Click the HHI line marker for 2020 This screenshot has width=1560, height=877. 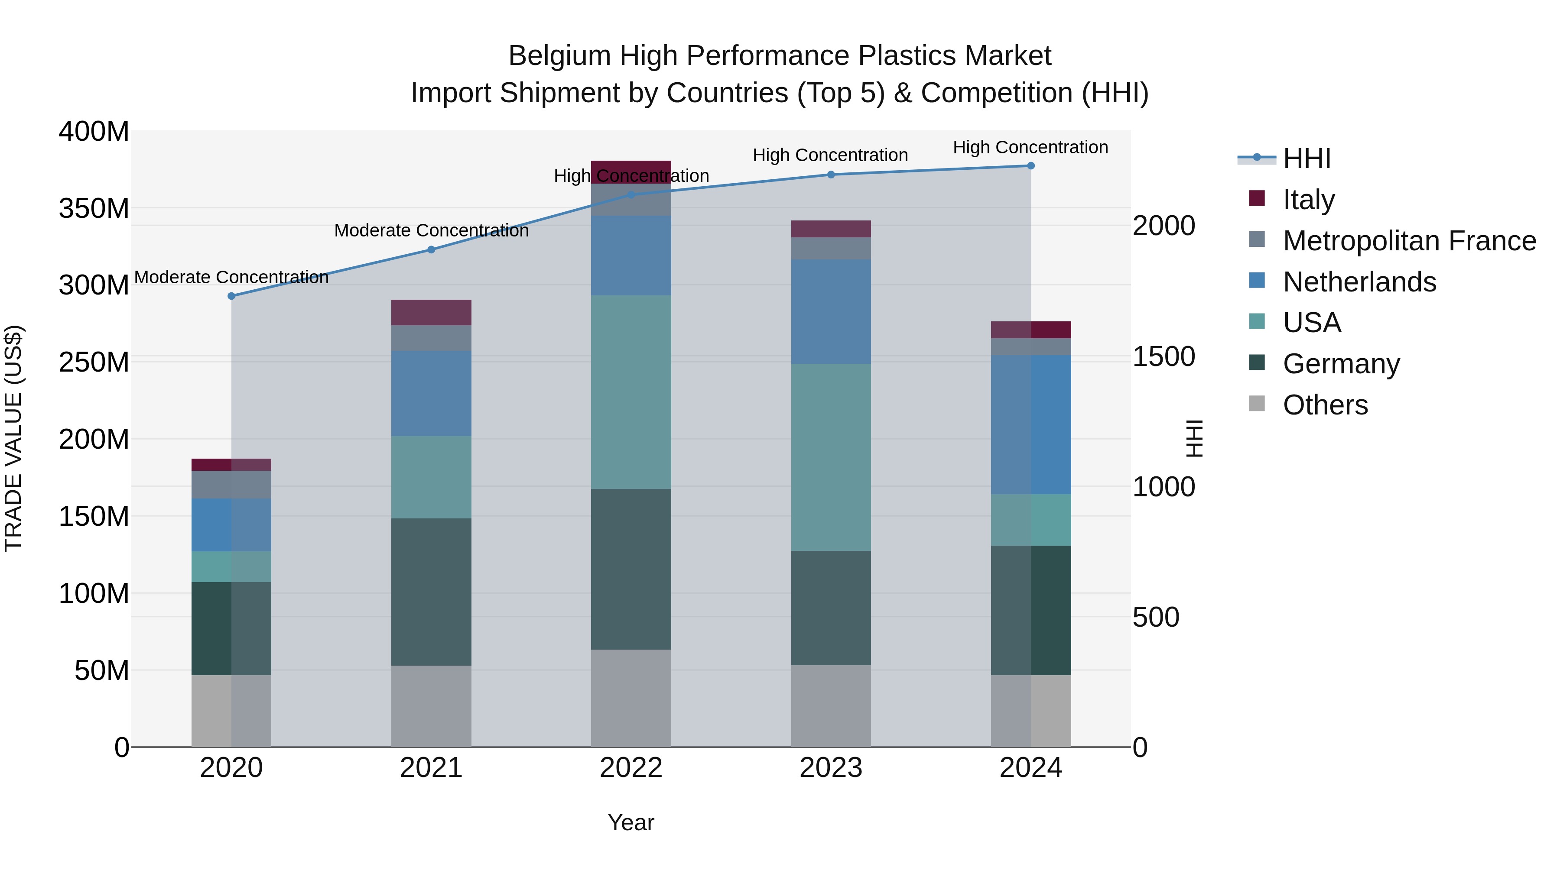231,296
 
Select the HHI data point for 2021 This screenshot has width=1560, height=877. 431,249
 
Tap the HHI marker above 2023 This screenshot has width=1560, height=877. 831,174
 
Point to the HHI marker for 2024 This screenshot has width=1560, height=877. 1031,166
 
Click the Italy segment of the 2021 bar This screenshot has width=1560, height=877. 431,312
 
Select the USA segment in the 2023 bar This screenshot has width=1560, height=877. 831,457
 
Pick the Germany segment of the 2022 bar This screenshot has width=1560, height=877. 631,569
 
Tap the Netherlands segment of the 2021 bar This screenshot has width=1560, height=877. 431,393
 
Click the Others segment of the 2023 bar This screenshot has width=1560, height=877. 831,706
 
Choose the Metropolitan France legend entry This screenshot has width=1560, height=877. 1409,241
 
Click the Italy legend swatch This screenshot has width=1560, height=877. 1257,198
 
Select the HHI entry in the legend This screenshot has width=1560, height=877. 1307,159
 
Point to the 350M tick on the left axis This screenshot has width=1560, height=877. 94,208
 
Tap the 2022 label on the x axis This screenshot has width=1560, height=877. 631,768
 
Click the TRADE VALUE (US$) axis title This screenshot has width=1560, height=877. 14,438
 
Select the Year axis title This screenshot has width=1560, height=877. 631,822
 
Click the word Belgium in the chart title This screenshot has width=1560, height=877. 559,56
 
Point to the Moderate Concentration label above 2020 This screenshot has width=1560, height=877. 231,277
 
